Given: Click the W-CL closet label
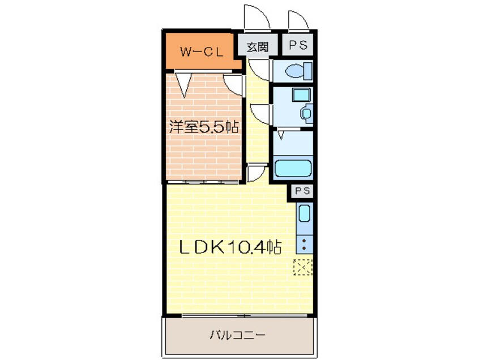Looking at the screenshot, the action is click(202, 52).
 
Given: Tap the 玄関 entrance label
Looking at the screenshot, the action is click(257, 47).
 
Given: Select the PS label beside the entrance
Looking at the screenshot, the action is click(298, 45).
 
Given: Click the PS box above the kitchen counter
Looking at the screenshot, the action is click(302, 191).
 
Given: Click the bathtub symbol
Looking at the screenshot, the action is click(293, 168).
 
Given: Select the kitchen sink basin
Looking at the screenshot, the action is click(304, 213).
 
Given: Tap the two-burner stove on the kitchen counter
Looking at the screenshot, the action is click(304, 245).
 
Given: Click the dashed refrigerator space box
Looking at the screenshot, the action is click(303, 267).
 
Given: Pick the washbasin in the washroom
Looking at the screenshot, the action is click(307, 114).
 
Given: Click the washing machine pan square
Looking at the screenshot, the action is click(301, 95).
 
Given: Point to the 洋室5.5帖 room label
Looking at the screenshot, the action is click(204, 127).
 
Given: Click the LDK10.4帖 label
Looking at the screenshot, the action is click(230, 247).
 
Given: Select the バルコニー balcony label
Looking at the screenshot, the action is click(237, 336).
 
